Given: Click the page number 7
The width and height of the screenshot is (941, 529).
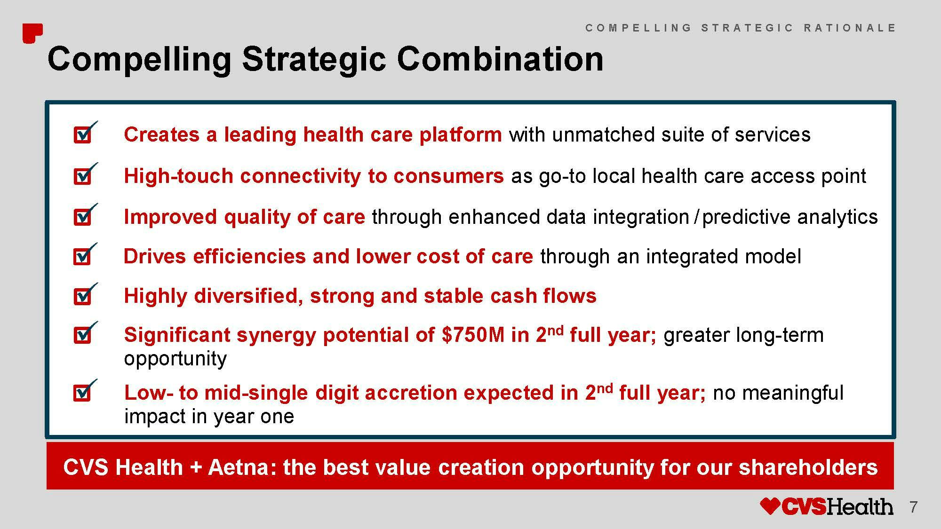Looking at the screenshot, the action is point(913,507).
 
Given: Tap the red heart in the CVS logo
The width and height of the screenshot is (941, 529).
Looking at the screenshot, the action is point(771,506).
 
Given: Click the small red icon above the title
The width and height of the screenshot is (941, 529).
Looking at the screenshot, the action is point(32,33).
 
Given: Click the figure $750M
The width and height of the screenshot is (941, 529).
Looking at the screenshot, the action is point(473,335).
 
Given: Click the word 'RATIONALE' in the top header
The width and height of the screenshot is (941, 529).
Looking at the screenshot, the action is point(850,28).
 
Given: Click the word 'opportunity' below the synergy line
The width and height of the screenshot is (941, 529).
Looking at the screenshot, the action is point(175,359).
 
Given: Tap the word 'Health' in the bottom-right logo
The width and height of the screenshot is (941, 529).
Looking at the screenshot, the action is point(860,506).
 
